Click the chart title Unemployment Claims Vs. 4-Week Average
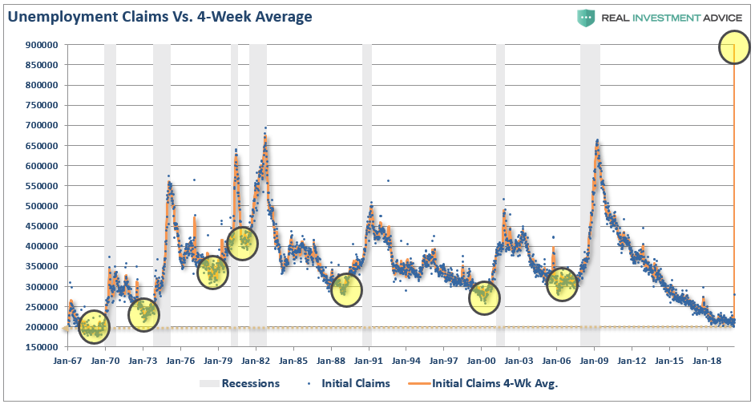point(159,16)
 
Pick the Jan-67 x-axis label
point(67,361)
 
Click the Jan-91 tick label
point(369,361)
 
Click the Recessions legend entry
point(239,383)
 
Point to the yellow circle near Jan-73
point(143,313)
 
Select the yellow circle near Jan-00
point(484,297)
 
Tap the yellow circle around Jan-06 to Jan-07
point(563,283)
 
